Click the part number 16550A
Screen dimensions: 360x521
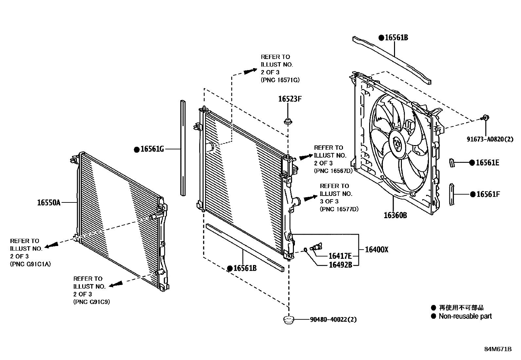pyautogui.click(x=49, y=203)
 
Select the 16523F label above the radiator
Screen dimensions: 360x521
pyautogui.click(x=290, y=99)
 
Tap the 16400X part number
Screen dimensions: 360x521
pyautogui.click(x=376, y=250)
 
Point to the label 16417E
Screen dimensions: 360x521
pyautogui.click(x=340, y=256)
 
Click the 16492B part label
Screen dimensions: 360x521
pyautogui.click(x=340, y=265)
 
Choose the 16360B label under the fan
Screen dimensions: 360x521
pyautogui.click(x=395, y=215)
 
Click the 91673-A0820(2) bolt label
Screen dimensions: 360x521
pyautogui.click(x=490, y=139)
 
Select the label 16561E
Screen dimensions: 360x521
pyautogui.click(x=487, y=162)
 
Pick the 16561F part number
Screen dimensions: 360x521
pyautogui.click(x=488, y=194)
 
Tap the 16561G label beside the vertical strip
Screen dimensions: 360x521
pyautogui.click(x=152, y=149)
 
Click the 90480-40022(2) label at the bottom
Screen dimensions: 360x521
pyautogui.click(x=333, y=319)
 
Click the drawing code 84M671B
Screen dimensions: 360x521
pyautogui.click(x=498, y=349)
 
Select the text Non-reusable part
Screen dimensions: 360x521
pyautogui.click(x=465, y=316)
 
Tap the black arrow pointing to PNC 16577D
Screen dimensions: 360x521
pyautogui.click(x=310, y=198)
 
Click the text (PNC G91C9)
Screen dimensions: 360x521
pyautogui.click(x=92, y=302)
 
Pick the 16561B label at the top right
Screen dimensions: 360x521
pyautogui.click(x=396, y=38)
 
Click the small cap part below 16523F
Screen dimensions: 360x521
pyautogui.click(x=288, y=122)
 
